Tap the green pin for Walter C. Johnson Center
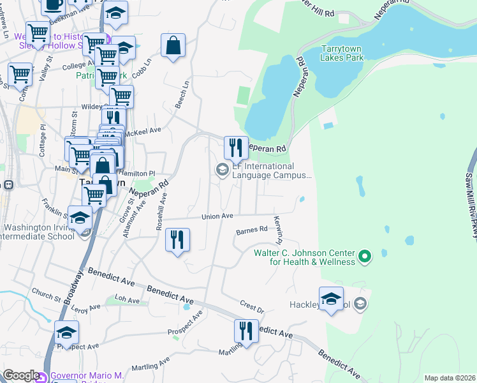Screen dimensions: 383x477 (x=365, y=257)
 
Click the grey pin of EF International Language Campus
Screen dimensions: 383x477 (x=223, y=170)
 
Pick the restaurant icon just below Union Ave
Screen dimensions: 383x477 (x=177, y=240)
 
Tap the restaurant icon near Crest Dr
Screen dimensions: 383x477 (x=246, y=331)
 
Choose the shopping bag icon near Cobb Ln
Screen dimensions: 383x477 (x=173, y=45)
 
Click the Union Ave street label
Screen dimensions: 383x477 (x=217, y=216)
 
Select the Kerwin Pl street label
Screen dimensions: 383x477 (x=278, y=230)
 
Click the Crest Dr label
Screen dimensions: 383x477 (x=252, y=306)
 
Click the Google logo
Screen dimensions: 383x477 (x=21, y=375)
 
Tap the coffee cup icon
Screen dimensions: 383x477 (x=52, y=5)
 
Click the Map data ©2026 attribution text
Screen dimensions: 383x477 (x=450, y=378)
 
